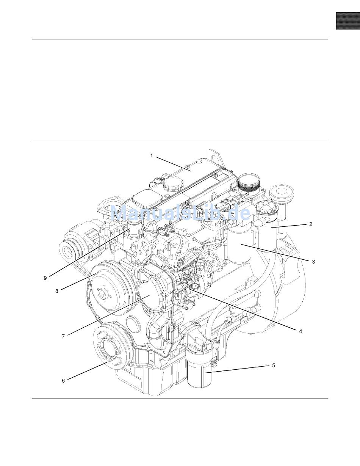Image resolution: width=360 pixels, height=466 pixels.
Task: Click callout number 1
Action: (x=152, y=156)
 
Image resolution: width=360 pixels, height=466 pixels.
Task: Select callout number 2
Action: (x=311, y=224)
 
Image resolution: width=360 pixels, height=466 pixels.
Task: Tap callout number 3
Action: (x=313, y=262)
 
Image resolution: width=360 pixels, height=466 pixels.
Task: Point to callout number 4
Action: (x=301, y=331)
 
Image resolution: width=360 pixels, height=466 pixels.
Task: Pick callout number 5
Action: (x=274, y=365)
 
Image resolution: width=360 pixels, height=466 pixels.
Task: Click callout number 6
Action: (x=63, y=381)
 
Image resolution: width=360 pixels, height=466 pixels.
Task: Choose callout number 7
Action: (x=63, y=336)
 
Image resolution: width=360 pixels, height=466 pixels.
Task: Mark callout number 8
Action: (x=56, y=291)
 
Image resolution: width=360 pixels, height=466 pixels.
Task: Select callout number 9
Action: (x=45, y=278)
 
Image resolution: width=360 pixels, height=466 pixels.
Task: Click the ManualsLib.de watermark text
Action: (x=180, y=213)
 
